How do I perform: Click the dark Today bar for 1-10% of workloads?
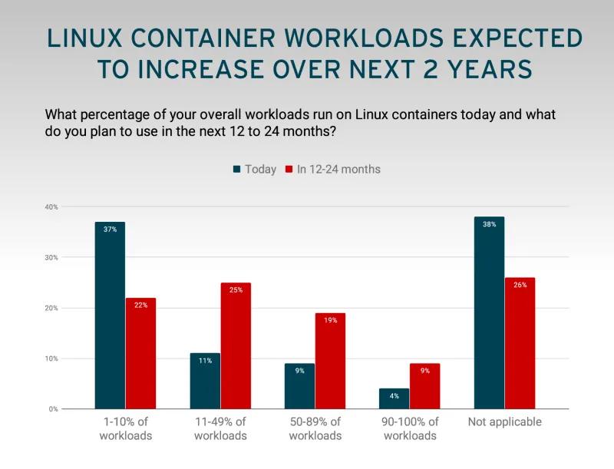tap(110, 315)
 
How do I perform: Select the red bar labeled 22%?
tap(140, 353)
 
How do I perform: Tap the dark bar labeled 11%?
tap(205, 381)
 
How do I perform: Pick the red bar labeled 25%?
tap(236, 345)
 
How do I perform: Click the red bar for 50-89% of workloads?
tap(330, 361)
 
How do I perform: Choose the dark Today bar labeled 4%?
tap(394, 398)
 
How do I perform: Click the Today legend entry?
tap(255, 169)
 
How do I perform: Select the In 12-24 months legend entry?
tap(332, 169)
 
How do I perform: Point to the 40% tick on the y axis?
tap(51, 206)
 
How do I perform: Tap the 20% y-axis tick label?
tap(51, 308)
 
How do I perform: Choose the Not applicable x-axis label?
tap(504, 422)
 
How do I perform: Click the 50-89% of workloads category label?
tap(315, 428)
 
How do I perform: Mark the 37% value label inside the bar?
tap(110, 230)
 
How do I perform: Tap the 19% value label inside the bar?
tap(330, 321)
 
